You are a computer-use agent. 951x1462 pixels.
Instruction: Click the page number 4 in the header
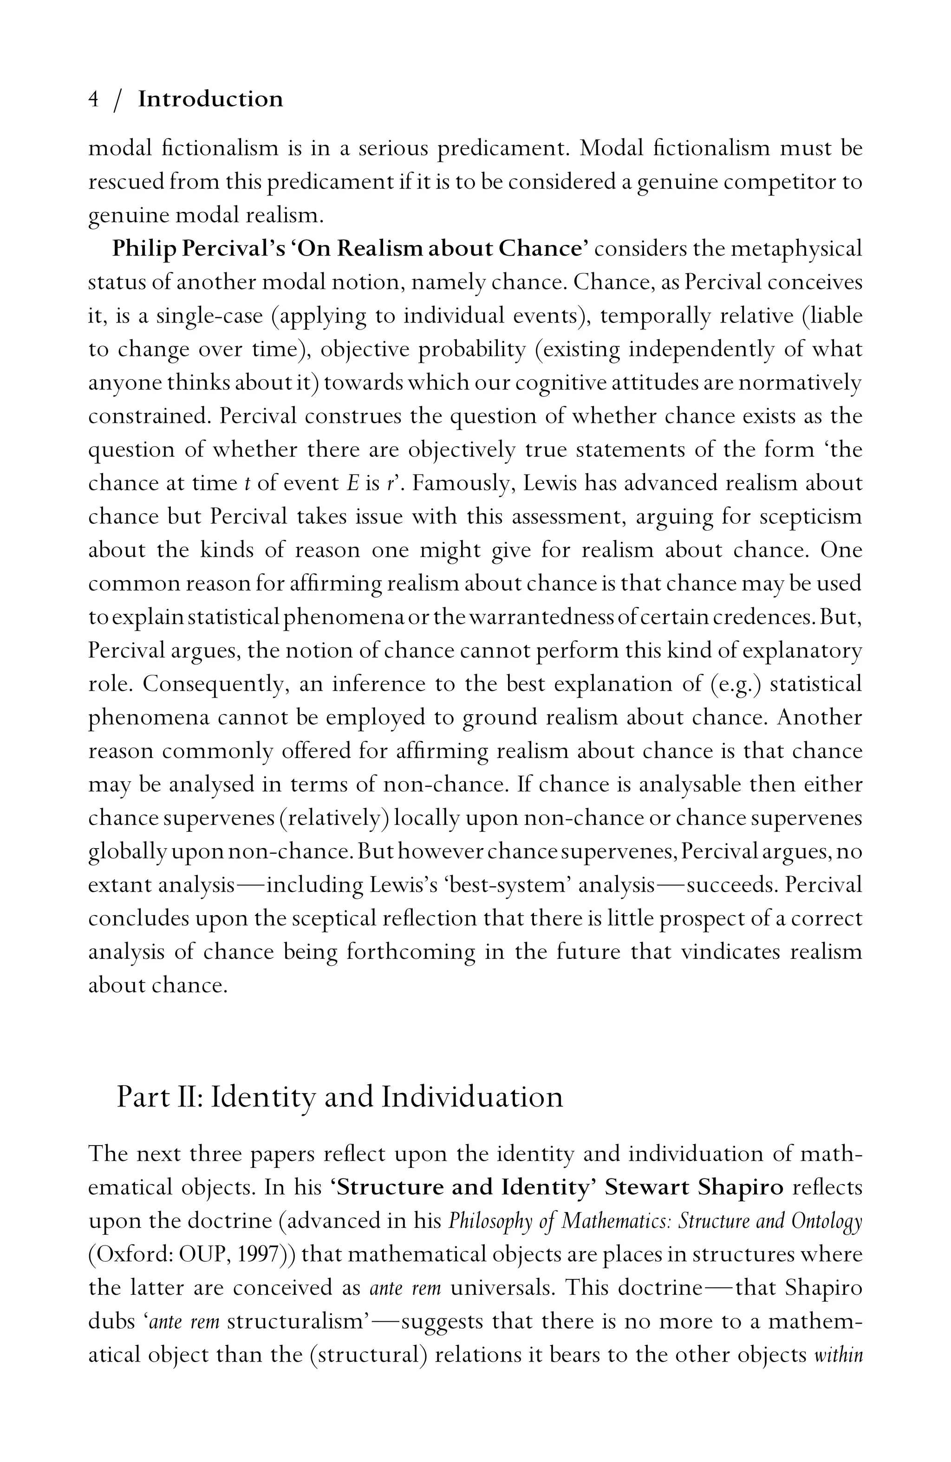(x=94, y=99)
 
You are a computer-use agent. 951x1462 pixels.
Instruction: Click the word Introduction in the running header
(x=210, y=99)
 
